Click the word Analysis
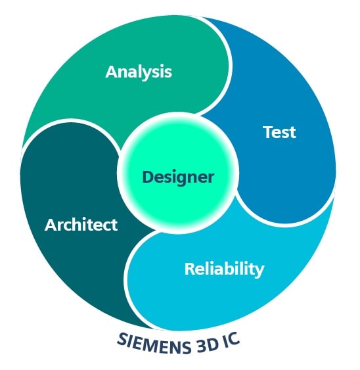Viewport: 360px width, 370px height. pos(139,72)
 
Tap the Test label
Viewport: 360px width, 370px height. pos(279,132)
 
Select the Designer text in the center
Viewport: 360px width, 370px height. pos(178,177)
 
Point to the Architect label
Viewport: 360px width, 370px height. pos(81,224)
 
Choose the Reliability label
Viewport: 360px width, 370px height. pos(225,269)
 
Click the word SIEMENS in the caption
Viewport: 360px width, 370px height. pos(154,344)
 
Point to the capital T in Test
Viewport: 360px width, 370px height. pos(269,132)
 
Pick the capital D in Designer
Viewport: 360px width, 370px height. pos(148,177)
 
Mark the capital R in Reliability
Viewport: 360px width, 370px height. pos(190,269)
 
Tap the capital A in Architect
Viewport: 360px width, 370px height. pos(51,225)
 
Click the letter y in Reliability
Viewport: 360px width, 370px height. pos(259,271)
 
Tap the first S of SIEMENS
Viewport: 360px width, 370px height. pos(122,338)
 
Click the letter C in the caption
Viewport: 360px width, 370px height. pos(234,338)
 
